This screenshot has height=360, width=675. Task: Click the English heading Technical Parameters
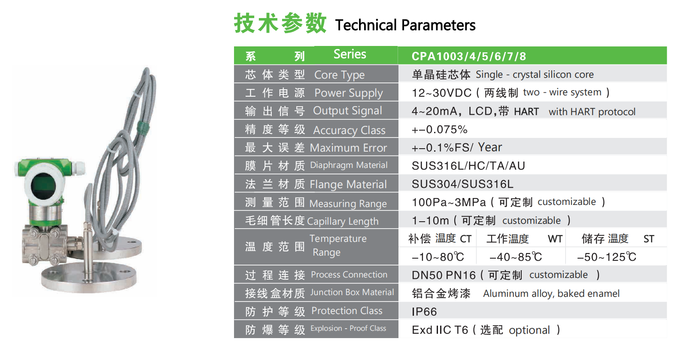[x=405, y=25]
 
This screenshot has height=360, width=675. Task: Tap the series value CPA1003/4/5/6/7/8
[x=469, y=56]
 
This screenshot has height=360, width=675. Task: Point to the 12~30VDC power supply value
[x=441, y=93]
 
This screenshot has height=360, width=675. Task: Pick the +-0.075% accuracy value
[x=440, y=130]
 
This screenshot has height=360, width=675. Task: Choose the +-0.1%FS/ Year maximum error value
[x=457, y=147]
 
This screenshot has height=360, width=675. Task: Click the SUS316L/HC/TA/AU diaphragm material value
[x=468, y=166]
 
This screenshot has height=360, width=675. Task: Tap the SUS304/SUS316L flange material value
[x=462, y=184]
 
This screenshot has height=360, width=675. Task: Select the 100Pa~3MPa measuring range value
[x=449, y=202]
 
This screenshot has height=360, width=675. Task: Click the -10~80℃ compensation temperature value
[x=438, y=257]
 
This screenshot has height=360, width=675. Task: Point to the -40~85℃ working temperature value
[x=516, y=257]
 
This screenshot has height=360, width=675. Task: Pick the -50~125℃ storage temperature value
[x=606, y=257]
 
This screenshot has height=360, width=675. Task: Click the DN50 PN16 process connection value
[x=444, y=275]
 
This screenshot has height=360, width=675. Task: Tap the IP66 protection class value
[x=424, y=311]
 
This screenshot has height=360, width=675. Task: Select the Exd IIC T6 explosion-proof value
[x=440, y=330]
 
